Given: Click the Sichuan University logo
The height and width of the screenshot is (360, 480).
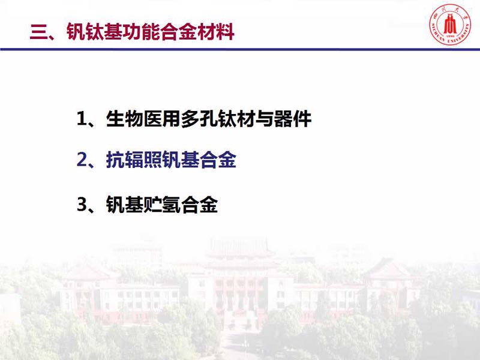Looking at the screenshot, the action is point(449,25).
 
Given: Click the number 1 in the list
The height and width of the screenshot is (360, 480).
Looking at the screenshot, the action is point(82,118).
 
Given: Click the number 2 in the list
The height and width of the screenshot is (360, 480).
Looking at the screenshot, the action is point(82,160).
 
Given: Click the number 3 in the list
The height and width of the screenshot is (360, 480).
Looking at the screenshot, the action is point(82,204).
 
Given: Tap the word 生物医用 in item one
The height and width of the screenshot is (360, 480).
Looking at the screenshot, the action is point(143,118).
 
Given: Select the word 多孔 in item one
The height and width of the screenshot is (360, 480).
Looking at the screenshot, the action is point(199,118).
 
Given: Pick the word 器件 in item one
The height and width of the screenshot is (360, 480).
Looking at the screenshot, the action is point(293,118).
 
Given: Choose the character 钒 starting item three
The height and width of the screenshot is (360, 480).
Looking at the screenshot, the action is point(115,204).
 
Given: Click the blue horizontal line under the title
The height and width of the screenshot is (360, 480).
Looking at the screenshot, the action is point(240,49).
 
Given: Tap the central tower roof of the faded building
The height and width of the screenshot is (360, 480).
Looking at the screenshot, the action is point(239,247).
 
